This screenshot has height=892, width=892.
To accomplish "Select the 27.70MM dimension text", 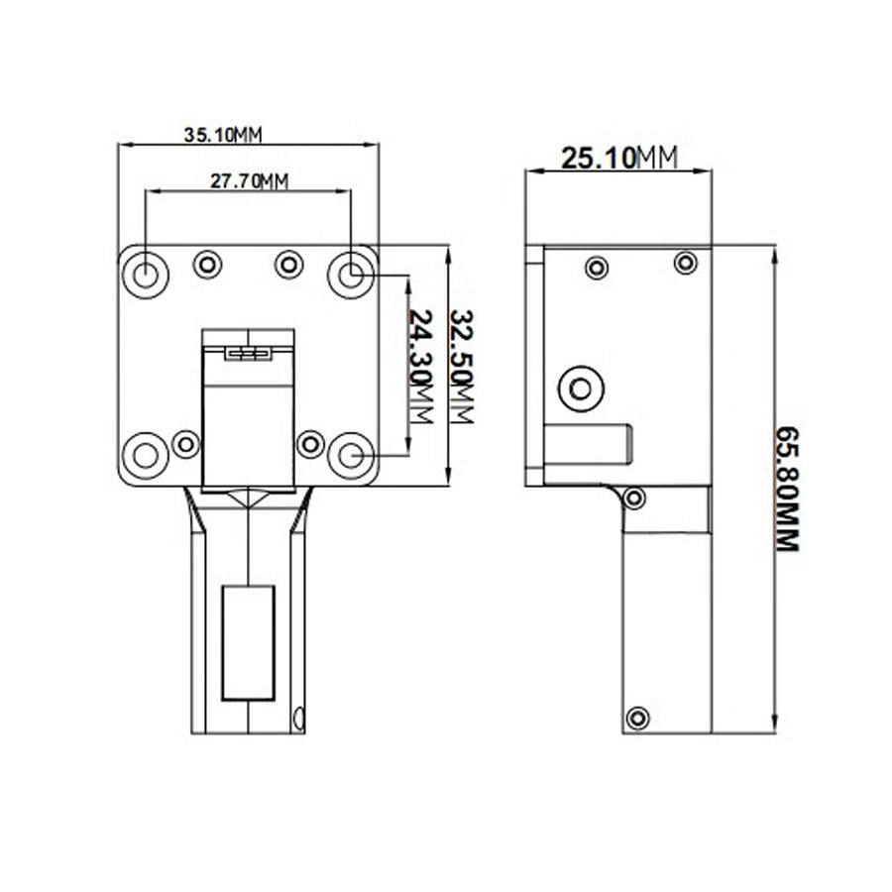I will point(249,180).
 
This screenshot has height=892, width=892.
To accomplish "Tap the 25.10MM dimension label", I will point(619,157).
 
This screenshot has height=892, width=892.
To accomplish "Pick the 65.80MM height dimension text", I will point(787,489).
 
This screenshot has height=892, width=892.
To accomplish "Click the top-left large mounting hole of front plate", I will point(146,274).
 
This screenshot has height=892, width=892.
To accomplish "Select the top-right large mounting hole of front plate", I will point(350,274).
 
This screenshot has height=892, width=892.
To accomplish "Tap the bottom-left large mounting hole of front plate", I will point(146,456).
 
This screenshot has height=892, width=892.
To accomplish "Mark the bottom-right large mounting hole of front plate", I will point(350,456).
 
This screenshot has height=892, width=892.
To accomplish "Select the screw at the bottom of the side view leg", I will point(638,716).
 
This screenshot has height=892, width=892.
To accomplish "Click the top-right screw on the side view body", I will point(685,263).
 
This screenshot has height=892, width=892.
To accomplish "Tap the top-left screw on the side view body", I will point(597,268).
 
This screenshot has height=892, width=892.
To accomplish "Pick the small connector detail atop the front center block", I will point(248,352).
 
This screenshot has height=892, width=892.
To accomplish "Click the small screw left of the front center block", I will point(185,443).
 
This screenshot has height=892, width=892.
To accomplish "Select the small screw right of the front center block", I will point(310,443).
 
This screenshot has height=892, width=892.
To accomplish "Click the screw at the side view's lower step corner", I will point(635,498).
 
